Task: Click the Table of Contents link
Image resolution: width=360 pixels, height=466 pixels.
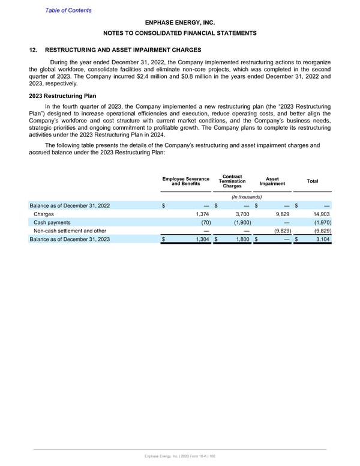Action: pos(68,10)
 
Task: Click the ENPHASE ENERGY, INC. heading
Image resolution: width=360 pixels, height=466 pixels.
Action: pos(180,22)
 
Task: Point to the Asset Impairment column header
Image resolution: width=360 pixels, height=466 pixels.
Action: pos(272,181)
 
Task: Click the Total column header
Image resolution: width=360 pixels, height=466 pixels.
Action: pos(313,181)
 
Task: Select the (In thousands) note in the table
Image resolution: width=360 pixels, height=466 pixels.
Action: pos(246,198)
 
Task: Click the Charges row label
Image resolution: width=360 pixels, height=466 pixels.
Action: pos(43,213)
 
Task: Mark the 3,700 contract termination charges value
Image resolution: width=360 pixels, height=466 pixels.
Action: pos(240,213)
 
